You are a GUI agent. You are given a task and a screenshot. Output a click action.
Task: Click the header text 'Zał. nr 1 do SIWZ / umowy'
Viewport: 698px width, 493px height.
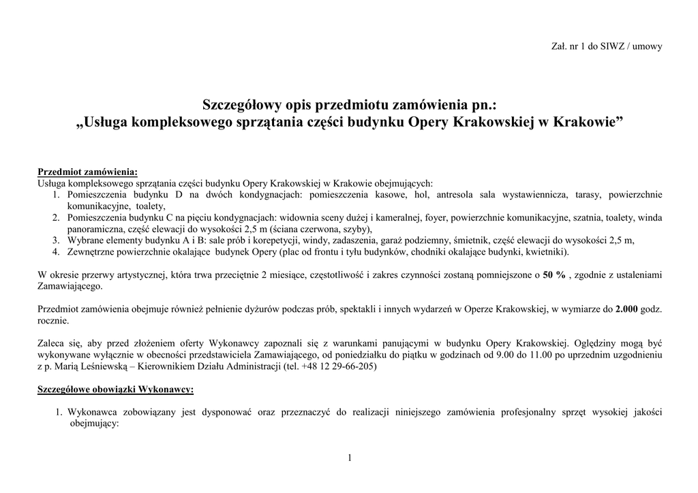point(606,46)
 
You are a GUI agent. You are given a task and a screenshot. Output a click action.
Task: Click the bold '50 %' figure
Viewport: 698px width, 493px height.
point(554,274)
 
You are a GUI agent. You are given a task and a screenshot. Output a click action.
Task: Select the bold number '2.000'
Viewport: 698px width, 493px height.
point(626,309)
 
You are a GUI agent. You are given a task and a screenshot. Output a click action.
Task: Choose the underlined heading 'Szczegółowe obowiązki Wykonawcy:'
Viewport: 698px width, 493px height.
point(115,389)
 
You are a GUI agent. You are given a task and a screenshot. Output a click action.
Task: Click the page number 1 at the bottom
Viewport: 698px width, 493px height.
point(349,458)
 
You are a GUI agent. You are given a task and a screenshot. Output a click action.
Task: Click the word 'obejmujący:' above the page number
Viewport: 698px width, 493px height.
point(94,424)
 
